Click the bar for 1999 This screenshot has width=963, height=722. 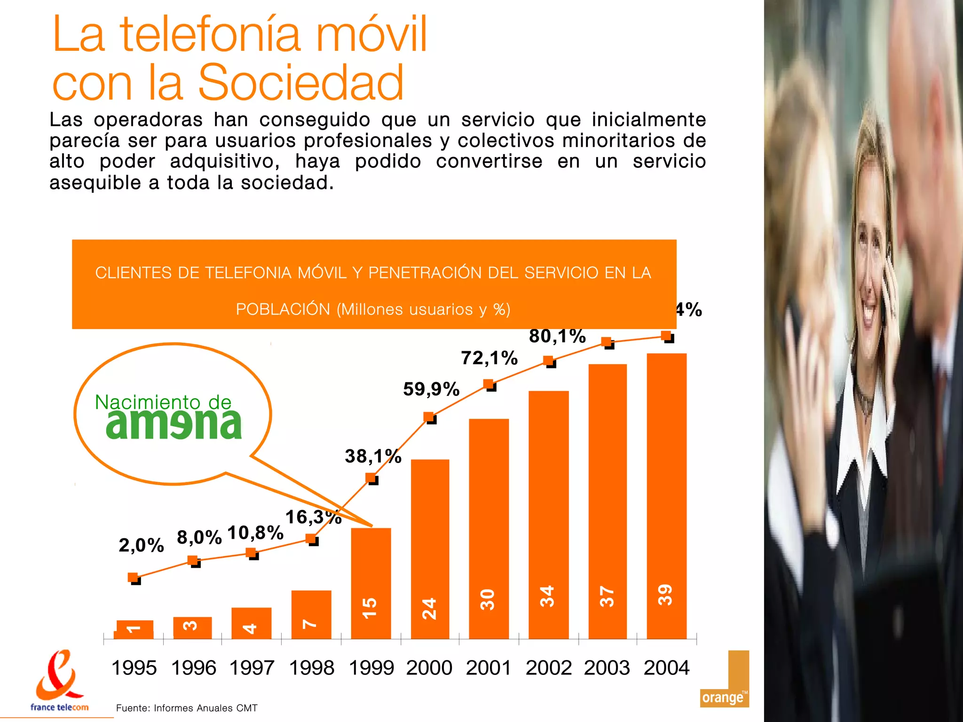tap(371, 583)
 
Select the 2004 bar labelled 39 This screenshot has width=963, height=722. tap(666, 496)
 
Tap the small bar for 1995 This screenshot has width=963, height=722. tap(135, 629)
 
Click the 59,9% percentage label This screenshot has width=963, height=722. tap(431, 389)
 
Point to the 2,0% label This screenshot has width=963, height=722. tap(141, 545)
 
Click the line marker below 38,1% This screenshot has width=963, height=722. tap(371, 479)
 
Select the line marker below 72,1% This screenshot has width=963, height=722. tap(489, 385)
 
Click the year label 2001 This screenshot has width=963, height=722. tap(489, 668)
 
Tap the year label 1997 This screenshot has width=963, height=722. tap(252, 668)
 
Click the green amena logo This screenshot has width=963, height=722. tap(174, 424)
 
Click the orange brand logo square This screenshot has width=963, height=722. tap(724, 679)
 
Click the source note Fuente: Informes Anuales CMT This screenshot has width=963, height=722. tap(187, 708)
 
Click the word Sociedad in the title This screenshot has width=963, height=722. tap(301, 83)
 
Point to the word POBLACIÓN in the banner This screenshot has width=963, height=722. tap(283, 309)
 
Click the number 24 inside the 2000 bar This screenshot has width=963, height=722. tap(429, 608)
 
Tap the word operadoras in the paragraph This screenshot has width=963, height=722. tap(148, 120)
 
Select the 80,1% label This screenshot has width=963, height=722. tap(557, 336)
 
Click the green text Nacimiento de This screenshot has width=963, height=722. tap(163, 402)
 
